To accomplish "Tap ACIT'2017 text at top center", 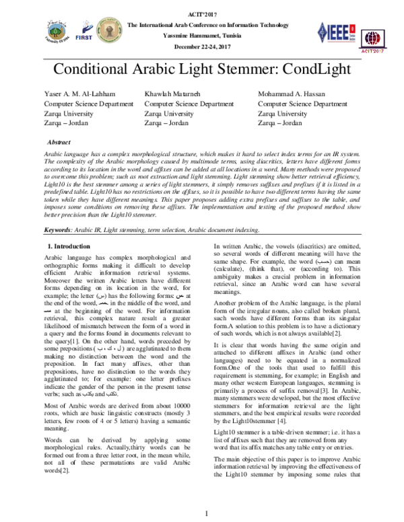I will coord(202,13).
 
